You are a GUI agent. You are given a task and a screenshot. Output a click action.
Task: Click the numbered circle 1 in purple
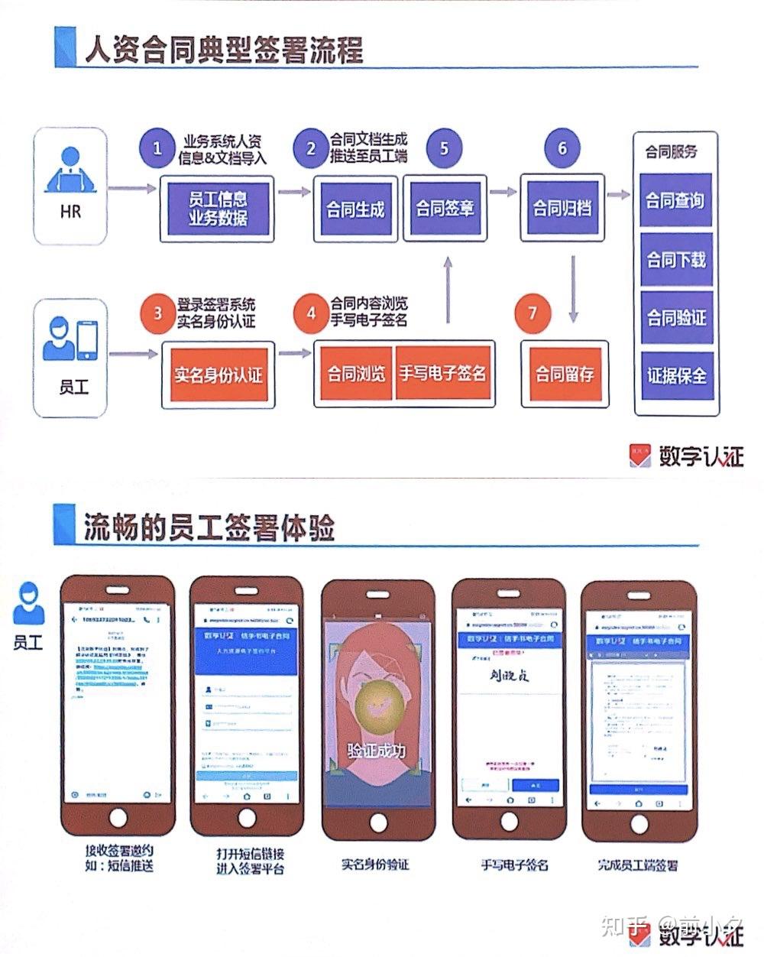click(157, 148)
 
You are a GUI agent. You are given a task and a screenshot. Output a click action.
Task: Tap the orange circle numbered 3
click(158, 313)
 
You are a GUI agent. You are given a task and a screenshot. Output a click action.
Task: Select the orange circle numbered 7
click(533, 313)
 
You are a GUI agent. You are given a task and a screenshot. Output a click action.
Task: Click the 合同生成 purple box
click(355, 209)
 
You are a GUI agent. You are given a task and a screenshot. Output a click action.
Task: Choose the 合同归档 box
click(562, 208)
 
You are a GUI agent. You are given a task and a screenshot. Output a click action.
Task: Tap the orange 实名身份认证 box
click(218, 375)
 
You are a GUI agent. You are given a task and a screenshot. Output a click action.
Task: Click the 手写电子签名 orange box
click(442, 374)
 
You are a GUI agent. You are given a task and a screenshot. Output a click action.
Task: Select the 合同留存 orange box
click(565, 374)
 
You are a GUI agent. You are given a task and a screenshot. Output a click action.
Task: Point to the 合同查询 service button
click(675, 201)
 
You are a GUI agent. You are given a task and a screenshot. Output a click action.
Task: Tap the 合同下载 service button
click(676, 260)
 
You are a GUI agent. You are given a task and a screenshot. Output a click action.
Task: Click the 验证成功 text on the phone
click(376, 751)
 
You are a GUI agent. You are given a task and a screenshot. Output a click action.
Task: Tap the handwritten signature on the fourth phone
click(510, 675)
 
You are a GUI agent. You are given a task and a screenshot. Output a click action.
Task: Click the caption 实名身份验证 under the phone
click(375, 865)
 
